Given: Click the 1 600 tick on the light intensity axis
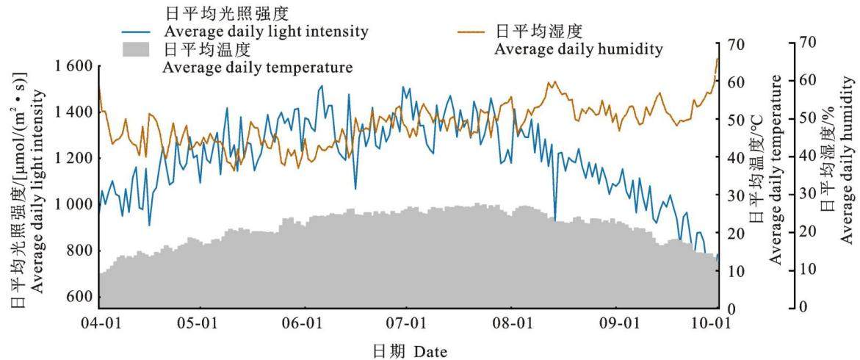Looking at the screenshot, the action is [73, 67].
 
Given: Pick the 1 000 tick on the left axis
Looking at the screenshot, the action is [73, 205].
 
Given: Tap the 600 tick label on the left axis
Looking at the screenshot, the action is [80, 297].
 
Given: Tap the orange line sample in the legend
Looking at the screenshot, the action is [471, 32].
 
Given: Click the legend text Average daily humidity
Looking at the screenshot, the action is [579, 49].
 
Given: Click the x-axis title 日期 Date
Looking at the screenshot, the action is [411, 350].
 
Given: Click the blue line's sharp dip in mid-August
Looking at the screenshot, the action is [555, 220].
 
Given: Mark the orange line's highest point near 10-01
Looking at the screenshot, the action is [718, 59].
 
